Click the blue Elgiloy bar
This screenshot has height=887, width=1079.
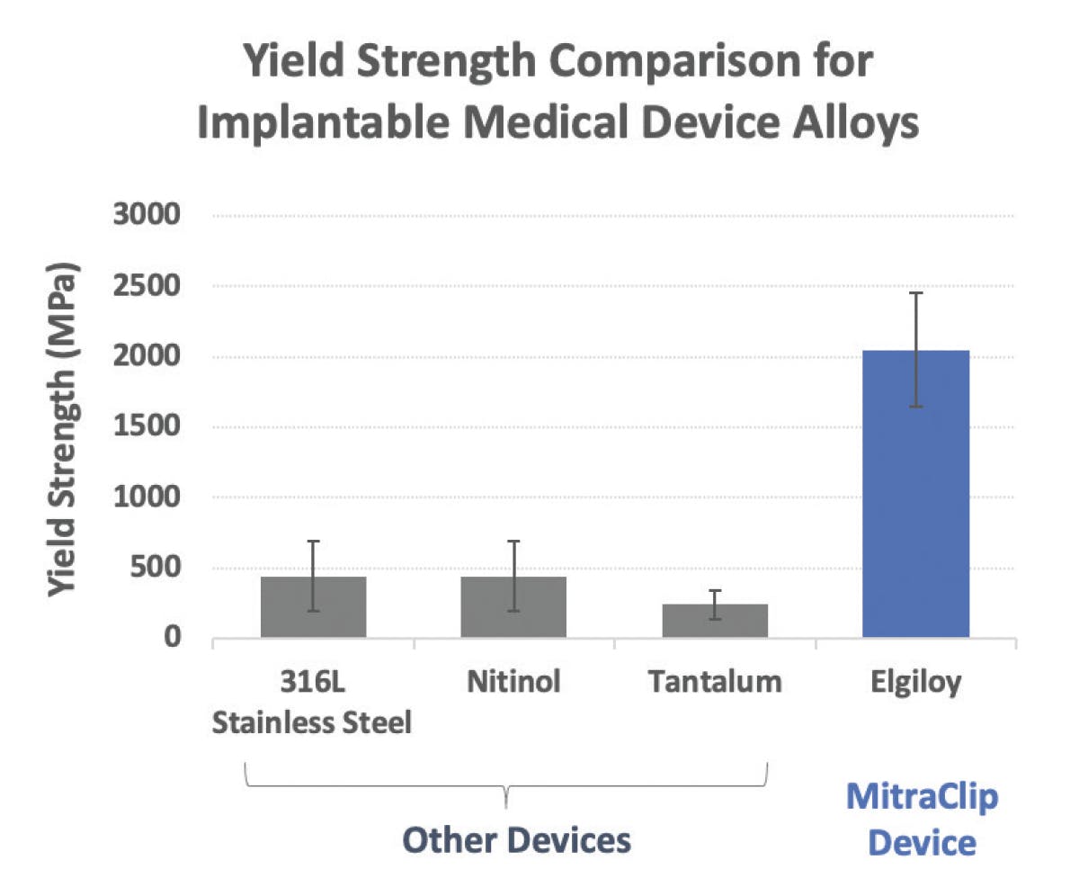click(915, 504)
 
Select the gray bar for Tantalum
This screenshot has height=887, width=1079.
click(715, 623)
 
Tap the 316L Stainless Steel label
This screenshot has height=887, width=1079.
click(313, 703)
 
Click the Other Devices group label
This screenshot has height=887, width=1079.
click(516, 839)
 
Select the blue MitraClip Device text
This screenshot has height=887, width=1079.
click(924, 820)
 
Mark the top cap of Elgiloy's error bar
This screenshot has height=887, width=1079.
click(915, 293)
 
